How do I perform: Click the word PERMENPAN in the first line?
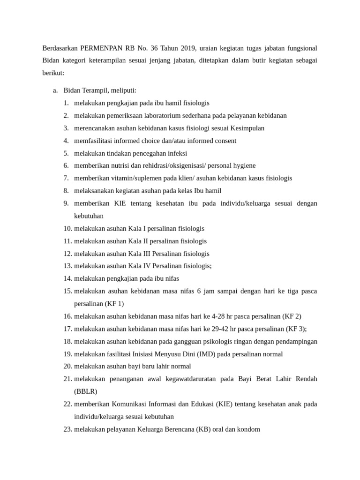point(101,48)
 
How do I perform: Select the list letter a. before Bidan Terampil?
point(55,90)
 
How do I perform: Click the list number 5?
point(66,153)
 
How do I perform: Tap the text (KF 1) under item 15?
point(114,304)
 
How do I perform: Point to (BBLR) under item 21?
point(85,391)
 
